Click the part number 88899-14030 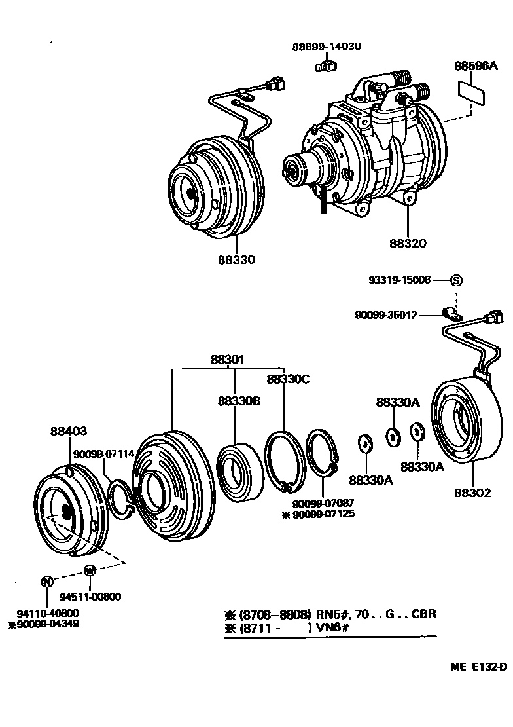point(326,47)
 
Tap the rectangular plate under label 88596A point(471,92)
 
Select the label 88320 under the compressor point(408,243)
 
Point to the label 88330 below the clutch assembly point(237,259)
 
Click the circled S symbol point(456,280)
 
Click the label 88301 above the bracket point(228,360)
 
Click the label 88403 point(68,431)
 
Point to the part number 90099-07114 point(104,454)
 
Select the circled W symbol point(90,570)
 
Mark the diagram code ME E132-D point(478,667)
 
